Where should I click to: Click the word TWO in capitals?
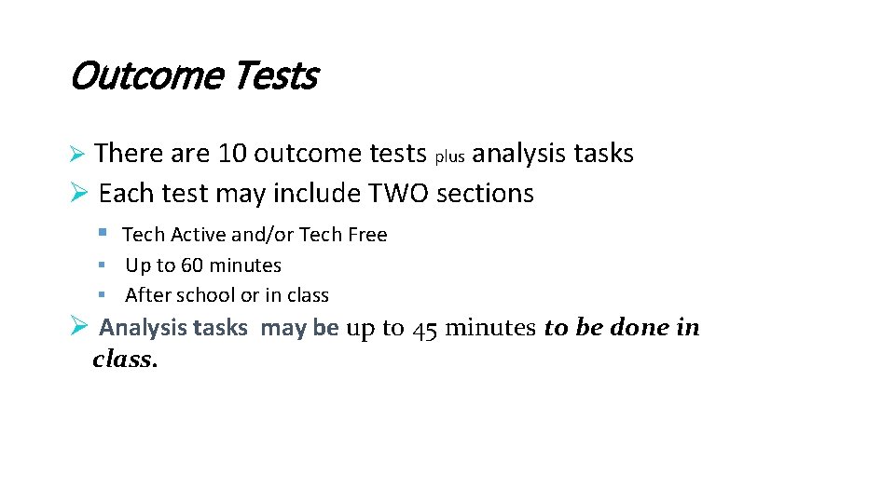[399, 194]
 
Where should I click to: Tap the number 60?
[192, 265]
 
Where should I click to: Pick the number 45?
[424, 328]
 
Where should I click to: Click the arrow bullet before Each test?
[79, 193]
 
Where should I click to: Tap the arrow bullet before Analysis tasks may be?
[79, 326]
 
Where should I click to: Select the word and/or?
[269, 235]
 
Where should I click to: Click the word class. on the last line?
[125, 360]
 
